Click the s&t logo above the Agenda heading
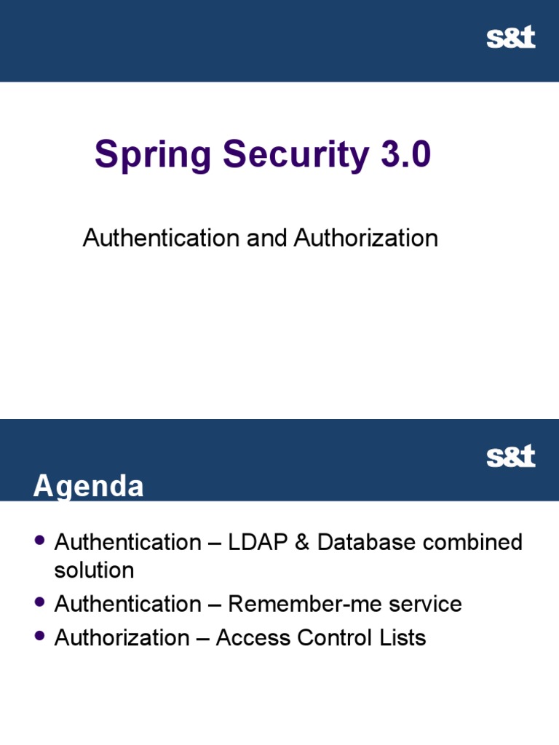click(x=510, y=457)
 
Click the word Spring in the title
click(x=153, y=156)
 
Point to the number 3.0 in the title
click(x=403, y=156)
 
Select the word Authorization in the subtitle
click(x=365, y=238)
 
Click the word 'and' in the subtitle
click(x=266, y=238)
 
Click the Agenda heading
click(x=88, y=487)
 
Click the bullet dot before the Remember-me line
click(x=40, y=602)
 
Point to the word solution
click(x=94, y=570)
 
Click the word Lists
click(x=400, y=638)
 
